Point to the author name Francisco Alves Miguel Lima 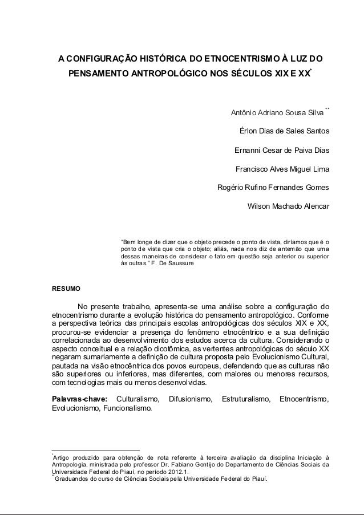click(282, 169)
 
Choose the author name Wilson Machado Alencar click(288, 207)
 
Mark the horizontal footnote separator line click(95, 450)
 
